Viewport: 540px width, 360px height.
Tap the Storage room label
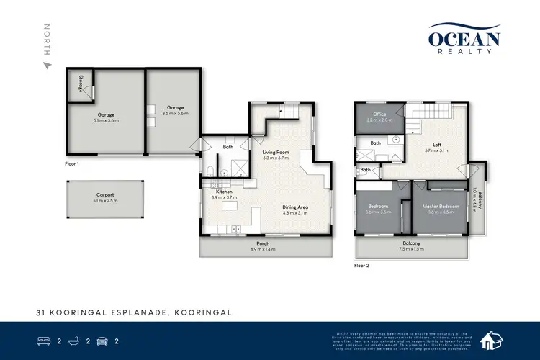pyautogui.click(x=81, y=83)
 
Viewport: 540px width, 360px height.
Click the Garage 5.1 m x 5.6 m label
pyautogui.click(x=106, y=117)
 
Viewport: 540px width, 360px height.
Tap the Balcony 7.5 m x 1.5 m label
pyautogui.click(x=411, y=246)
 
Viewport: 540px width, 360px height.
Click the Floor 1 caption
pyautogui.click(x=72, y=163)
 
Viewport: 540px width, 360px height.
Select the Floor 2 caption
pyautogui.click(x=362, y=266)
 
